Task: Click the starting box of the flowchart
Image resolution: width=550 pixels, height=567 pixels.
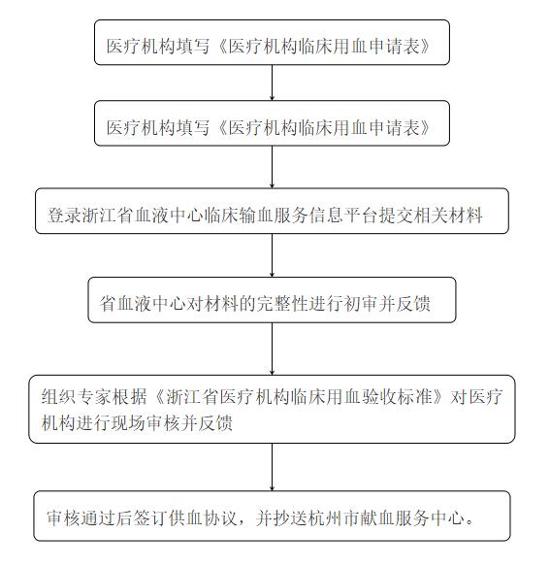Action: tap(272, 43)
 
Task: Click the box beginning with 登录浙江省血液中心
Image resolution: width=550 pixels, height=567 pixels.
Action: tap(272, 211)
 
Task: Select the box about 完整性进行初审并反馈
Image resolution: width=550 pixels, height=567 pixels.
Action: tap(272, 300)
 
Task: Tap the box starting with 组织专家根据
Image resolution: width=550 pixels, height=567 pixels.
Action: tap(272, 409)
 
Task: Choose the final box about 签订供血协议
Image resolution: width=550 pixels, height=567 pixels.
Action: tap(272, 516)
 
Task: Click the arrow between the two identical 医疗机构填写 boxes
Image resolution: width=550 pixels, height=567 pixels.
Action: tap(273, 83)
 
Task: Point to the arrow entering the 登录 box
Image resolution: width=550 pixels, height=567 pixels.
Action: tap(273, 167)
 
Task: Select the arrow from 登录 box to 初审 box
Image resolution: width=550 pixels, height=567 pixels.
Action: tap(273, 255)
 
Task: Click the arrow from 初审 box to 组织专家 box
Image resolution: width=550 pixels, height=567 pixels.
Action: tap(273, 349)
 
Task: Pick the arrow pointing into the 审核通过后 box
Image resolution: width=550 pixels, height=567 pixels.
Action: tap(273, 467)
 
